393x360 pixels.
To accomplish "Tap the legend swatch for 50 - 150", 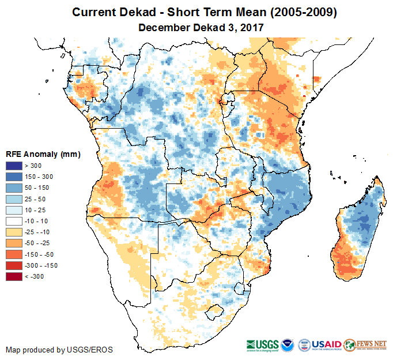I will click(14, 189).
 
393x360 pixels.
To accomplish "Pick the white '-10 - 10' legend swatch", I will click(14, 222).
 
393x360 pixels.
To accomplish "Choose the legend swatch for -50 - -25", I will click(14, 243).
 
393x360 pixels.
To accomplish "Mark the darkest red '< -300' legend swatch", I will click(14, 276).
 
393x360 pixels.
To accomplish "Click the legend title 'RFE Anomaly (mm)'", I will click(43, 155).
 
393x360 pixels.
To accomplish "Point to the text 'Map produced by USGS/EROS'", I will click(59, 350).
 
